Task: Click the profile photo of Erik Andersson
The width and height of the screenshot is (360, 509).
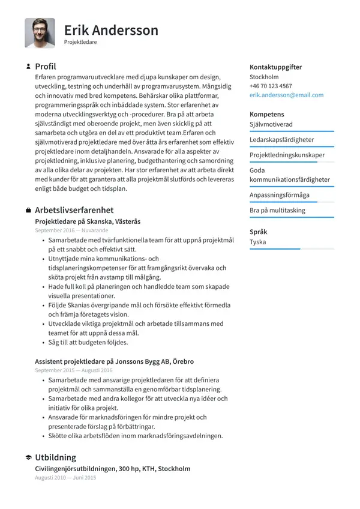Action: click(x=40, y=33)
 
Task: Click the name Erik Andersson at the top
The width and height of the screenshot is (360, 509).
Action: click(x=111, y=30)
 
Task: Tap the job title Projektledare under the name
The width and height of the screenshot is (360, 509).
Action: click(x=80, y=43)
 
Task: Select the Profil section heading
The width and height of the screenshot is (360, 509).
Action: click(x=46, y=67)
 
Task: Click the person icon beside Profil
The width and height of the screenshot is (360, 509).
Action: click(x=28, y=67)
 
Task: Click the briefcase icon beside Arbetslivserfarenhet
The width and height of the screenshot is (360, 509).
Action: click(x=28, y=210)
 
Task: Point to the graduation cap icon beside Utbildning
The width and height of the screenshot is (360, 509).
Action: click(x=28, y=458)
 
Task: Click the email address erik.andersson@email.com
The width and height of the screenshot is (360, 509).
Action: click(x=286, y=95)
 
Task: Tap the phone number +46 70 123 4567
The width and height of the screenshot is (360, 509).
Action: click(x=271, y=86)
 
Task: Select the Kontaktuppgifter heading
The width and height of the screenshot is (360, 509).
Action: click(x=275, y=67)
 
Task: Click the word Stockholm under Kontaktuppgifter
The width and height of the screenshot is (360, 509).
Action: click(x=264, y=77)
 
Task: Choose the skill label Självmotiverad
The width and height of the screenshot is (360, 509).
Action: click(x=271, y=124)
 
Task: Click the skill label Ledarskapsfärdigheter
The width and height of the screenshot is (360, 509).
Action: click(x=281, y=139)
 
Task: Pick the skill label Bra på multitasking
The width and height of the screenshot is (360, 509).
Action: click(x=277, y=211)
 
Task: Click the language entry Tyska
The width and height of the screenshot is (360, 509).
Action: click(x=258, y=242)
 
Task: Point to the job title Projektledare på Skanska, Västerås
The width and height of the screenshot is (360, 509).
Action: click(x=88, y=221)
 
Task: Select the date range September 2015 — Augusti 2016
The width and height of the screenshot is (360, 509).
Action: click(x=73, y=370)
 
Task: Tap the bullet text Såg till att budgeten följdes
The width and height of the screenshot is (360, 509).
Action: click(x=88, y=343)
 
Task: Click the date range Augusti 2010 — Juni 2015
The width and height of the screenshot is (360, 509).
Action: click(x=65, y=478)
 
